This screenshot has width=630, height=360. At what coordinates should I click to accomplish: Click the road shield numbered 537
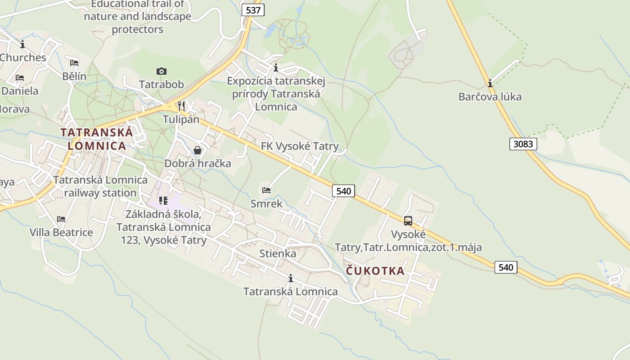coord(253,10)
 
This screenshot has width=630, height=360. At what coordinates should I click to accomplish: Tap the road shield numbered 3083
coord(523,144)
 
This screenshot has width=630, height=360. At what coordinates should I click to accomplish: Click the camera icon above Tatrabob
coord(162,71)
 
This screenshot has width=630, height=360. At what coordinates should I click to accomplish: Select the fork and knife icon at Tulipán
coord(181,106)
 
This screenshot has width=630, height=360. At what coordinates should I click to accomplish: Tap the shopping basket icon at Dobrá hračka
coord(198,150)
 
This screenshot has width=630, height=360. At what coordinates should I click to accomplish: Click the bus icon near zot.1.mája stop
coord(408,221)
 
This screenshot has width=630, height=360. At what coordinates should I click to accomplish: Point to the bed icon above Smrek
coord(266,190)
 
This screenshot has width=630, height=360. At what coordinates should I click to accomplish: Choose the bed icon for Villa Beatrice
coord(61,219)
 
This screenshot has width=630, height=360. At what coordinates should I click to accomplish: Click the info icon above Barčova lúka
coord(490,83)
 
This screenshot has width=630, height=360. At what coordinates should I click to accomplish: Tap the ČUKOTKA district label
coord(375,271)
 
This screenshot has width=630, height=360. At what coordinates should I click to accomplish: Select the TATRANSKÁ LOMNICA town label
coord(97,139)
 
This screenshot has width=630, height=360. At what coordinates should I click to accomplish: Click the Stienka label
coord(278,254)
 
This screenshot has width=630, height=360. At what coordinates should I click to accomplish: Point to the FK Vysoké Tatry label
coord(300,146)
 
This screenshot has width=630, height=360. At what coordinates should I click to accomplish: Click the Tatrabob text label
coord(162,85)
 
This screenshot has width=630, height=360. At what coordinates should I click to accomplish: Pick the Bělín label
coord(74,76)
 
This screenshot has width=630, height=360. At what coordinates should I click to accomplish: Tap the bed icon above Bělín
coord(74,63)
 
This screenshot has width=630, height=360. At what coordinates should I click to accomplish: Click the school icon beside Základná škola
coord(163,200)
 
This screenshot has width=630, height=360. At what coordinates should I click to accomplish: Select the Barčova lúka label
coord(490,97)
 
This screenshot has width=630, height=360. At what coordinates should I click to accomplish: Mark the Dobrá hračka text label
coord(198,163)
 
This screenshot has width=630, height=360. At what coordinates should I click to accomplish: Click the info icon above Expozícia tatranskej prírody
coord(276,68)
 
